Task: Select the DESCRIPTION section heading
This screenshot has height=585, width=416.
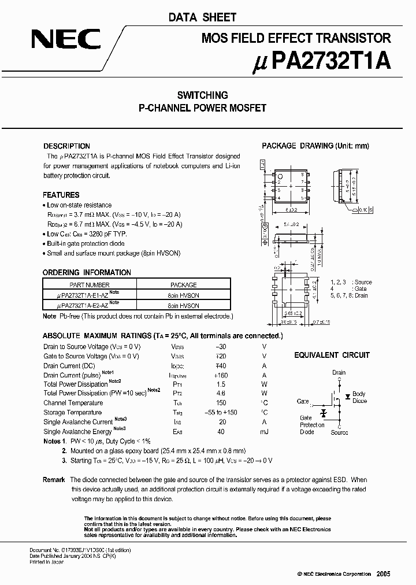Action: [x=67, y=146]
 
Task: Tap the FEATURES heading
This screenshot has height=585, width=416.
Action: [x=61, y=195]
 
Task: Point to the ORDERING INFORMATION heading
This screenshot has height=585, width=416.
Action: [x=87, y=272]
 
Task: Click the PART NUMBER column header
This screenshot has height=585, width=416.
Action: [x=89, y=285]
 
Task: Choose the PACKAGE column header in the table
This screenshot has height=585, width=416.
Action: [x=184, y=285]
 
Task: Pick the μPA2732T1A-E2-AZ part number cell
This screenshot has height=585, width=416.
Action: [x=89, y=305]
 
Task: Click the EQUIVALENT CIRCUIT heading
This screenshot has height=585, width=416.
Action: [x=332, y=355]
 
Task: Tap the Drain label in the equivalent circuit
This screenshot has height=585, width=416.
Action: [x=339, y=373]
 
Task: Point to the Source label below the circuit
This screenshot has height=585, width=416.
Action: [x=339, y=432]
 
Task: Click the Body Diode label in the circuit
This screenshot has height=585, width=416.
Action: [x=359, y=397]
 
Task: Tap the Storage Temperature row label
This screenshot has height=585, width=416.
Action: [x=72, y=413]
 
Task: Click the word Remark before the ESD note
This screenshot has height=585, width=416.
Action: [x=54, y=480]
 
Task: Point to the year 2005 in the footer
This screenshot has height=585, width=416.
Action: [x=383, y=573]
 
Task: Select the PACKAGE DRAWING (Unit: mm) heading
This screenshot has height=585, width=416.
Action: [x=315, y=146]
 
